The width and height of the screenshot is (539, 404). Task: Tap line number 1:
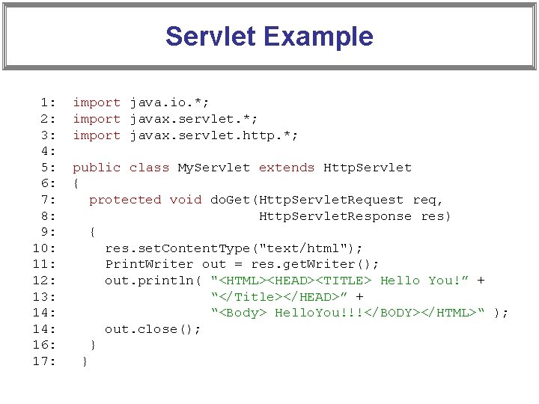(x=48, y=102)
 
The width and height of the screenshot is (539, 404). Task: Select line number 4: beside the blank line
(x=48, y=151)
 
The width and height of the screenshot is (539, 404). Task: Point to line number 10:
(x=44, y=248)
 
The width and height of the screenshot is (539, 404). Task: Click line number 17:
(x=44, y=361)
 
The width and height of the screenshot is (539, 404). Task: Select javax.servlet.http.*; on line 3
(x=214, y=135)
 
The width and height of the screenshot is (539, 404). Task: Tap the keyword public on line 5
(x=97, y=168)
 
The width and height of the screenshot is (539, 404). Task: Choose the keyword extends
(x=287, y=168)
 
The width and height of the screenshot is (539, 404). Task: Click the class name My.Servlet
(x=214, y=168)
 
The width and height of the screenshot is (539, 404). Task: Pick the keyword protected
(x=125, y=200)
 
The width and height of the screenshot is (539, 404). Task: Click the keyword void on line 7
(x=186, y=200)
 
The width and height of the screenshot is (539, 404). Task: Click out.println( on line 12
(x=153, y=281)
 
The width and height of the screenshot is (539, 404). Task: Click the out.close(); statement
(x=153, y=329)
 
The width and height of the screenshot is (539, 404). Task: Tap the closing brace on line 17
(x=85, y=361)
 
